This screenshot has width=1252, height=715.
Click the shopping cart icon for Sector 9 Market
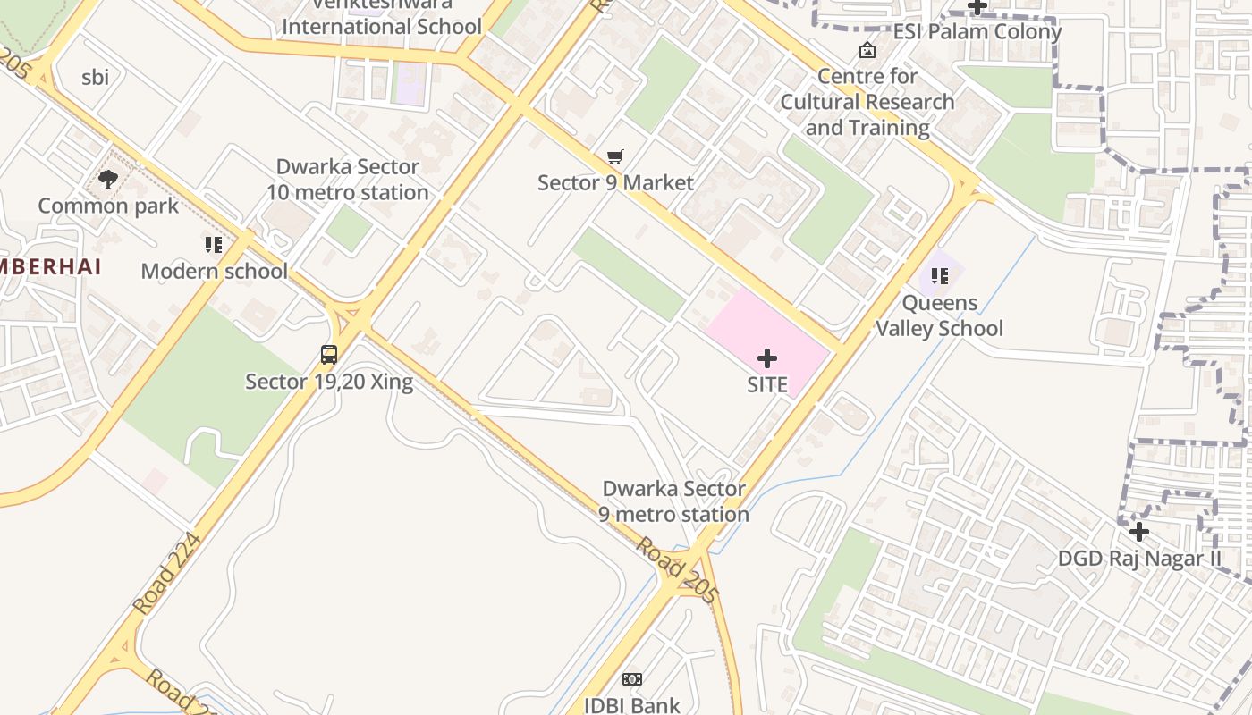[614, 157]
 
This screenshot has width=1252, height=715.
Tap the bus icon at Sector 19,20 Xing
[329, 355]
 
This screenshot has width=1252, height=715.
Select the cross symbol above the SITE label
[767, 358]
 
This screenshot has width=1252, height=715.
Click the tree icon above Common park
[108, 180]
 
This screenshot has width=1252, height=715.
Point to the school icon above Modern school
[213, 244]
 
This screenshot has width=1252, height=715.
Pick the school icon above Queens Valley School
[939, 276]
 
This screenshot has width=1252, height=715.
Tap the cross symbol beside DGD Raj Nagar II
[1138, 532]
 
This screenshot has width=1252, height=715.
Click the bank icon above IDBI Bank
[632, 679]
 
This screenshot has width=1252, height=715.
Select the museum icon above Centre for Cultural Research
[867, 50]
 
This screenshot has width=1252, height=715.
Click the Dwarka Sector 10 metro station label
[348, 180]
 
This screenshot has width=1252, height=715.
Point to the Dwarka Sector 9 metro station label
[674, 501]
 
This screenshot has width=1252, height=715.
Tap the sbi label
[96, 77]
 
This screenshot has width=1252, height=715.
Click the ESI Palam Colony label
[977, 31]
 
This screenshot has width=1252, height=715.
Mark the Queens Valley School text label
[939, 315]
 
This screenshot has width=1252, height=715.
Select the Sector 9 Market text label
[615, 183]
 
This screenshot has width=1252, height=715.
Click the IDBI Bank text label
[632, 705]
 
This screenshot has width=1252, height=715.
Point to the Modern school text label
[215, 271]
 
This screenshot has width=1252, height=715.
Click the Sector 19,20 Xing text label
[329, 382]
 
